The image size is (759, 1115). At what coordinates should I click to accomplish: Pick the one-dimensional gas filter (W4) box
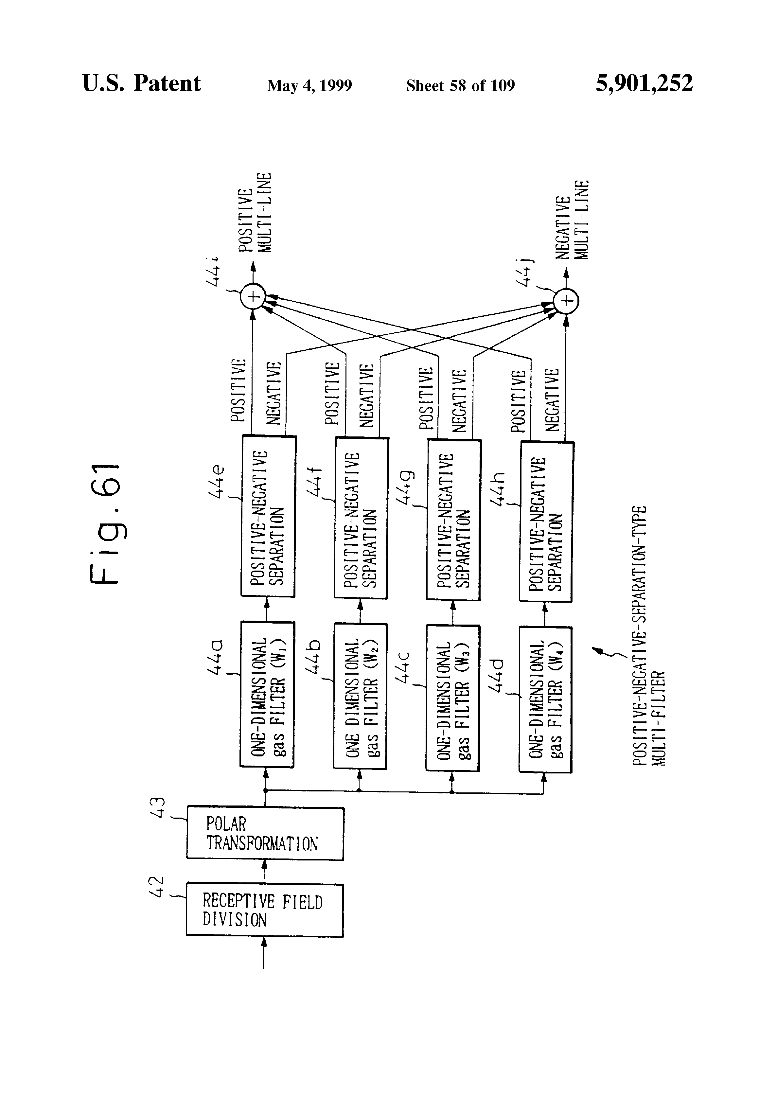click(545, 699)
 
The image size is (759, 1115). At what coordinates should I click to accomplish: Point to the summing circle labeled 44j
click(566, 301)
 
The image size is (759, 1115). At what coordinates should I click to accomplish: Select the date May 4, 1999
click(309, 86)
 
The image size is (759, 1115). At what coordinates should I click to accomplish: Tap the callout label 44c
click(403, 666)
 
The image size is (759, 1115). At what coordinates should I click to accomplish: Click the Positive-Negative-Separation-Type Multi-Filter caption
click(649, 635)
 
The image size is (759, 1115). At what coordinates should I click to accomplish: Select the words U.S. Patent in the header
click(142, 83)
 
